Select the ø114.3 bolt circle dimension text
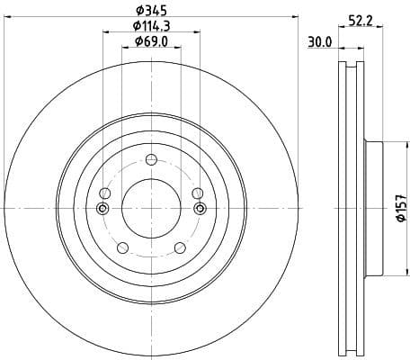151,26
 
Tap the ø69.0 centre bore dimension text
151,41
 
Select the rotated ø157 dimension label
401,209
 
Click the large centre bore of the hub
151,209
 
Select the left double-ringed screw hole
102,209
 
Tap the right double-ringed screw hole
200,209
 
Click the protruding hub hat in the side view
373,209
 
